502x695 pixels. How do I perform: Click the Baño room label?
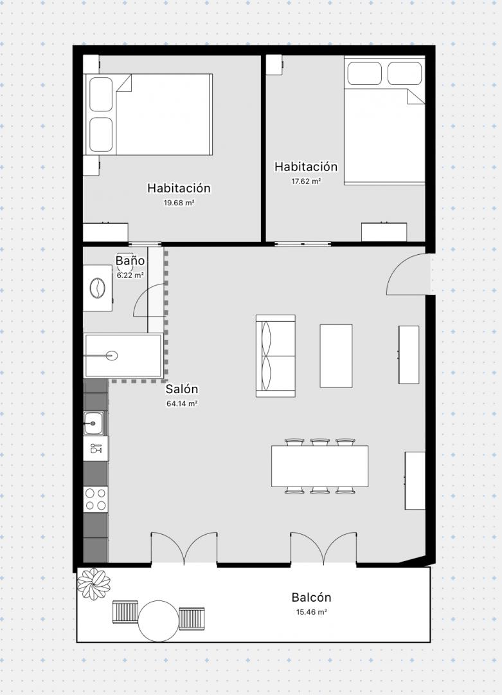[x=130, y=260]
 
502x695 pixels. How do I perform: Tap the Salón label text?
[x=182, y=389]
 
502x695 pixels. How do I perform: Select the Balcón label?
[x=311, y=597]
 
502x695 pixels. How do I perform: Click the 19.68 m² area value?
[x=179, y=203]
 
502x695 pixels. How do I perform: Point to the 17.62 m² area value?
[x=306, y=181]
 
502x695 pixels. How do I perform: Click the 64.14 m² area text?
[x=182, y=403]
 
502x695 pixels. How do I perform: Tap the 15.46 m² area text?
[x=312, y=612]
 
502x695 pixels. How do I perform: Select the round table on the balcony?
[x=159, y=620]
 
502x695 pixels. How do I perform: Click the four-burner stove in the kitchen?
[x=96, y=499]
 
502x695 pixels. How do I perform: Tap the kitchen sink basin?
[x=93, y=423]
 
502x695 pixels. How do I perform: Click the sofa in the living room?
[x=275, y=356]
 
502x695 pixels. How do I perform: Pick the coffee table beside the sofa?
[x=336, y=356]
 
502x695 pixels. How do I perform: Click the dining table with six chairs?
[x=319, y=467]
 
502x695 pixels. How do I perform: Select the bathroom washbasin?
[x=98, y=288]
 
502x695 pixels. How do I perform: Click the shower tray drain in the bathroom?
[x=112, y=355]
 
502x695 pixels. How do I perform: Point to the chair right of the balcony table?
[x=192, y=618]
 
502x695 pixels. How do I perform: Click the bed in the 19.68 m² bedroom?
[x=148, y=115]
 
